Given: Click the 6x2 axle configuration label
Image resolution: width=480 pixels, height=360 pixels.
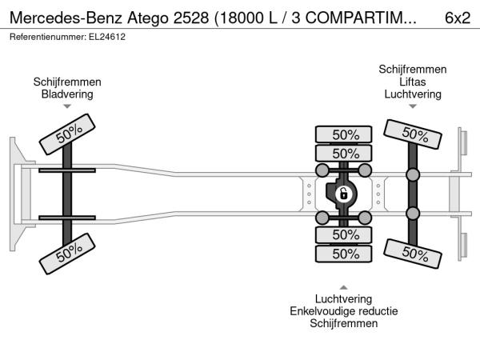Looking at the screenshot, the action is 458,18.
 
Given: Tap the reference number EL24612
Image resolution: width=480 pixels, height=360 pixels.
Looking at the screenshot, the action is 107,37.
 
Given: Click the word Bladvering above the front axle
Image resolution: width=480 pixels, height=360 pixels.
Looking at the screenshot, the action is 67,94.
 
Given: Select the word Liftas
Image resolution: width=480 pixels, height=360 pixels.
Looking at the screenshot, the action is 413,82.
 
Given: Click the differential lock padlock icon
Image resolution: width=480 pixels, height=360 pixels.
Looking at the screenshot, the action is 343,194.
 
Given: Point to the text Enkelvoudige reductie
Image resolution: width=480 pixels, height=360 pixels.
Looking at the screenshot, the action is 344,311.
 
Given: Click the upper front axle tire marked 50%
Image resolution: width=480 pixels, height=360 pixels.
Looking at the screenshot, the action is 67,134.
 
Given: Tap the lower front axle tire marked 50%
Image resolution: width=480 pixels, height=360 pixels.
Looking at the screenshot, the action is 67,254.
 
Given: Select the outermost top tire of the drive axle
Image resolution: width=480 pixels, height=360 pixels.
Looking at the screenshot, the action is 343,134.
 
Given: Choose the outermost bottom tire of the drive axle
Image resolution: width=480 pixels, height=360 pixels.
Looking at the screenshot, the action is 343,254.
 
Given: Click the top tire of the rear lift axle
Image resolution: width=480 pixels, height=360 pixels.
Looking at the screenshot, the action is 413,134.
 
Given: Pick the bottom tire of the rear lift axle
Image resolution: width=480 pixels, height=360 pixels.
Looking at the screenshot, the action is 413,254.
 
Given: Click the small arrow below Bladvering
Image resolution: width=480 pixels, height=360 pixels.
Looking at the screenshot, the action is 67,106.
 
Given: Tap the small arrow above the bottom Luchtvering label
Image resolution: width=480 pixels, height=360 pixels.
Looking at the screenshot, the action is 343,287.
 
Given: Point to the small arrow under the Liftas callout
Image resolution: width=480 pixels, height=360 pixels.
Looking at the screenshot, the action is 413,106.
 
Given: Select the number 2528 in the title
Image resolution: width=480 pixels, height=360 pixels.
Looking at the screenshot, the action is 191,18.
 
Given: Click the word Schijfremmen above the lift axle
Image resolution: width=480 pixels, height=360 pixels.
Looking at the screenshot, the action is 413,69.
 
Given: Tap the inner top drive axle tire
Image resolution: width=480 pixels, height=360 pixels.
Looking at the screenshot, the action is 343,154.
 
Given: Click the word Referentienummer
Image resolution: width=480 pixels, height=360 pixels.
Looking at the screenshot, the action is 48,37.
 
